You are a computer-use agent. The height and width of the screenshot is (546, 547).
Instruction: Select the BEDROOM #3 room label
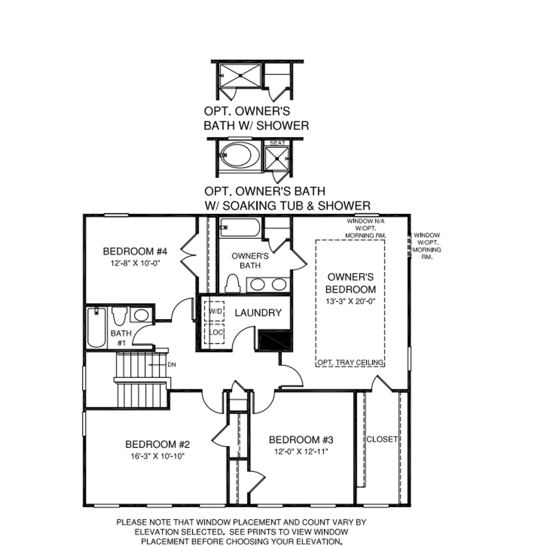coord(300,440)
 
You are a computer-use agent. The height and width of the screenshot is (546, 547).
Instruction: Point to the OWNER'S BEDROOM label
coord(351,283)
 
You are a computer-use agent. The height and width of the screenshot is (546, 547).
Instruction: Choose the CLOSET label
coord(381,439)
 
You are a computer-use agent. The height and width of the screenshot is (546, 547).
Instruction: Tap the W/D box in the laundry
coord(215,312)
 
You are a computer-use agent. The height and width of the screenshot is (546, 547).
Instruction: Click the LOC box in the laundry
coord(215,332)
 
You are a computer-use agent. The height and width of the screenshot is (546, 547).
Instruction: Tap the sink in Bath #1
coord(140,315)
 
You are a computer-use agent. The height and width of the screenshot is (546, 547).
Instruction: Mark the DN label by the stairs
coord(171,364)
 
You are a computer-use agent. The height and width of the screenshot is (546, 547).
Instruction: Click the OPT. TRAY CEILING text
coord(350,362)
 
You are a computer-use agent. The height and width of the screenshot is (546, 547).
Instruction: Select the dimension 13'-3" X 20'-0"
coord(351,300)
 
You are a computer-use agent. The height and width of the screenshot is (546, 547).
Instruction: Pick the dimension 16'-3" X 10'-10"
coord(157,456)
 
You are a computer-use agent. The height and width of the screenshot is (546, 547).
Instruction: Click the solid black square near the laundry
coord(274,340)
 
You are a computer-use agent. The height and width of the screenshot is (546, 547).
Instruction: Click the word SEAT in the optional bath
coord(277,143)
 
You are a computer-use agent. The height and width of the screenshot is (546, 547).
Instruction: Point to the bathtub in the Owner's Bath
coord(240,227)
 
